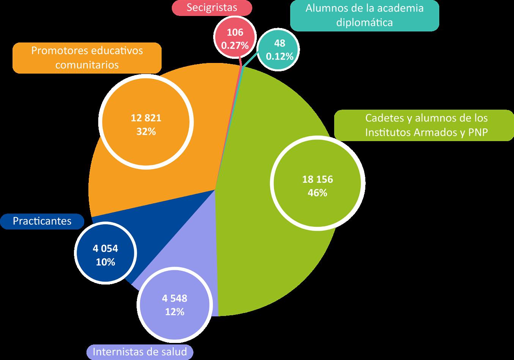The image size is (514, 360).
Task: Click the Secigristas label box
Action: point(212,7)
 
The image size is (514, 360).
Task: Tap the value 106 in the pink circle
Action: point(235,33)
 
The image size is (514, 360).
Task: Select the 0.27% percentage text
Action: point(235,46)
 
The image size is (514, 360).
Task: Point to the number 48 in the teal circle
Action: point(280,43)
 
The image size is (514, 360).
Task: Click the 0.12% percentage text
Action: point(280,56)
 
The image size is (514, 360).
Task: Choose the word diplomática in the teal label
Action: point(364,22)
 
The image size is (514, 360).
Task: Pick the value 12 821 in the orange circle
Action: point(146,118)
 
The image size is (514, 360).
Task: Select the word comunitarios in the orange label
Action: point(87,65)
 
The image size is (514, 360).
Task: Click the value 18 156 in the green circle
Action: point(318,179)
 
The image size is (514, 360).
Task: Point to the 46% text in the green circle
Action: point(318,192)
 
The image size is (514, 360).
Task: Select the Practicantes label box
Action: point(42,221)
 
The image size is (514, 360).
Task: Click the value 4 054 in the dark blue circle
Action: point(105,248)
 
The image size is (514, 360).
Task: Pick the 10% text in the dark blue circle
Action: point(105,262)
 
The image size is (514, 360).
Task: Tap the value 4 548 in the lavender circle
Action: point(174,298)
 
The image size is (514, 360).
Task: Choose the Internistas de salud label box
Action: point(140,352)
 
